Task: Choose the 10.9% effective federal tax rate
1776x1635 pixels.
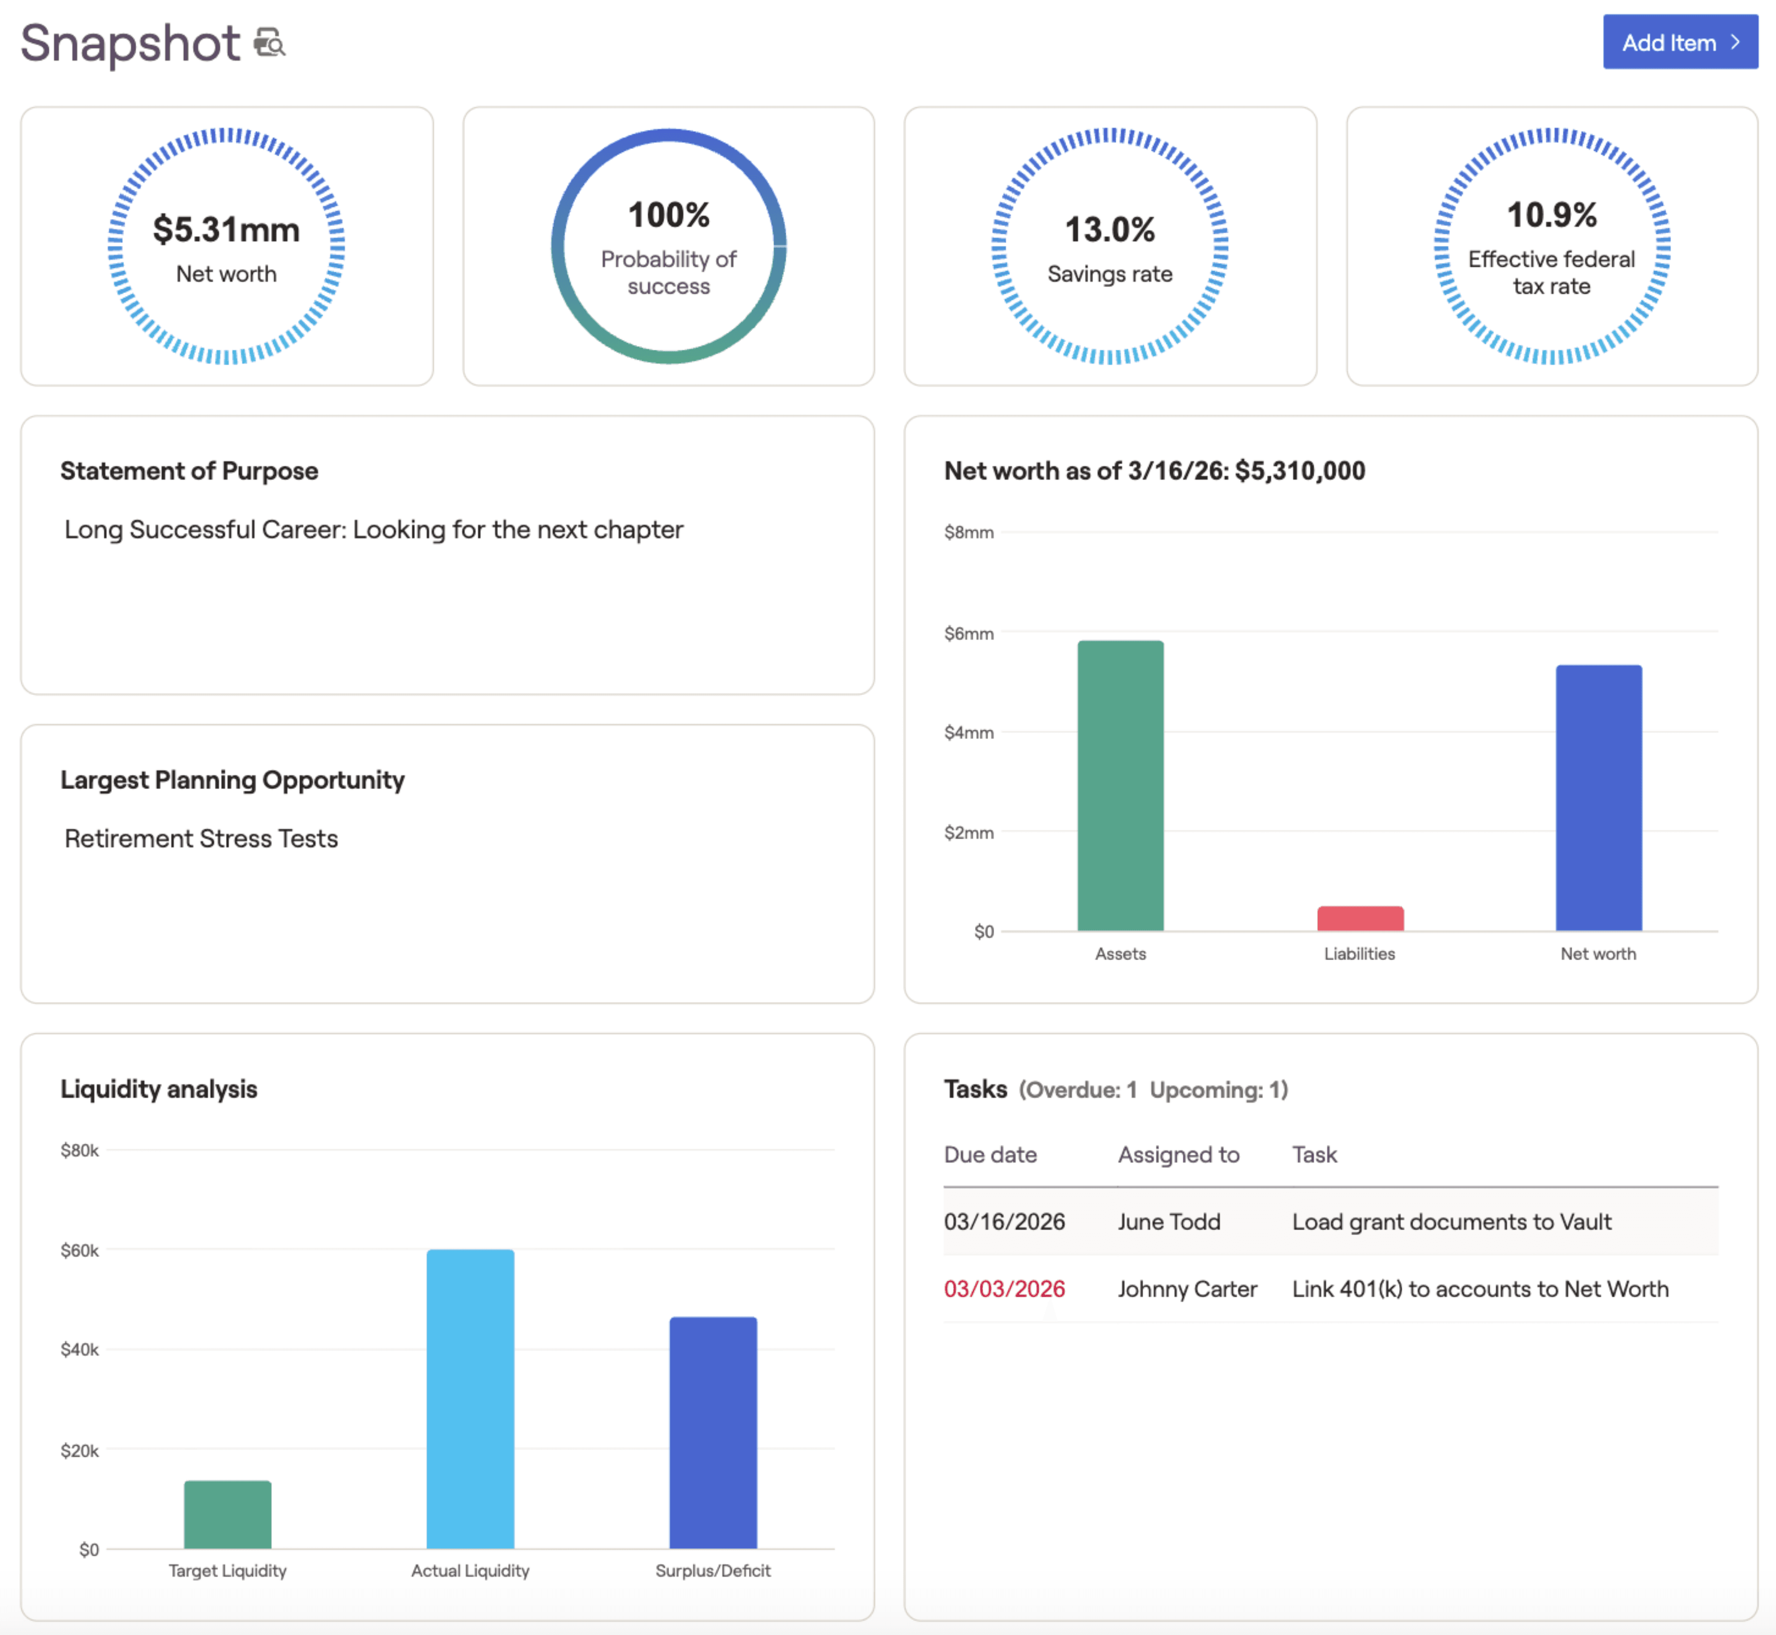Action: click(x=1551, y=215)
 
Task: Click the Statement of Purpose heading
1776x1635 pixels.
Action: click(x=189, y=471)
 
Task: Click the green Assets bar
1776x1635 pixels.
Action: click(x=1120, y=786)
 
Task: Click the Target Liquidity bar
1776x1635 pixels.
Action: click(x=227, y=1514)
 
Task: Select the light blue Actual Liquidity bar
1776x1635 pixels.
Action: click(x=470, y=1398)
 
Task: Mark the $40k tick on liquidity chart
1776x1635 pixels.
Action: click(x=79, y=1349)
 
